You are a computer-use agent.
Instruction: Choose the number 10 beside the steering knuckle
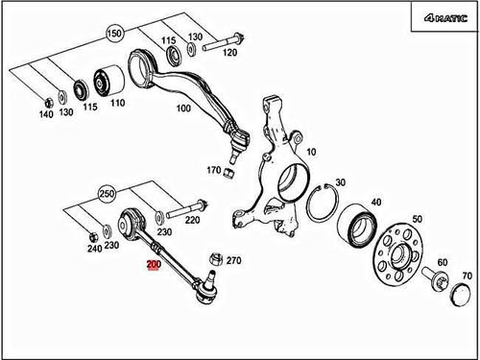pyautogui.click(x=309, y=152)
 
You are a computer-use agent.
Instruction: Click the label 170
pyautogui.click(x=214, y=172)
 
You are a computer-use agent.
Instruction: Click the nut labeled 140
pyautogui.click(x=46, y=99)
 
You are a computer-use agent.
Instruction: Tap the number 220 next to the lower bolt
pyautogui.click(x=192, y=219)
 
